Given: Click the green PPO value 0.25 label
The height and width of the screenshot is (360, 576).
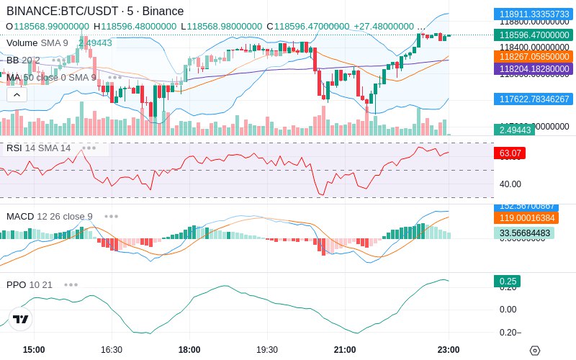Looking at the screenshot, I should coord(509,282).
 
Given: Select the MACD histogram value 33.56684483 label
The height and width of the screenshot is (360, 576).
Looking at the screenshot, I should coord(523,233).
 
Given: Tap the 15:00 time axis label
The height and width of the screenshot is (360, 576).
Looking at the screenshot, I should coord(34,349).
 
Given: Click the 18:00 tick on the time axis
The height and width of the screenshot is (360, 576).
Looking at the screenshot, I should coord(189,349).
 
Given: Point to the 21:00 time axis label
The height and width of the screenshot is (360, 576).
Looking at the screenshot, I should coord(345,349).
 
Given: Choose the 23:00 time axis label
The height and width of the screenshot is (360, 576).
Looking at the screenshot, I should coord(449,349).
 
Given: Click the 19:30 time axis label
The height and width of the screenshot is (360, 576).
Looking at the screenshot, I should coord(267,349).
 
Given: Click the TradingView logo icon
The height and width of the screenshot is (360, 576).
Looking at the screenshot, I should coord(21,319).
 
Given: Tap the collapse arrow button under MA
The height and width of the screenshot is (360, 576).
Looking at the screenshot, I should coord(17,94).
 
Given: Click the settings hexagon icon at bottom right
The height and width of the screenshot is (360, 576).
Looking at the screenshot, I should coord(534,351).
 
